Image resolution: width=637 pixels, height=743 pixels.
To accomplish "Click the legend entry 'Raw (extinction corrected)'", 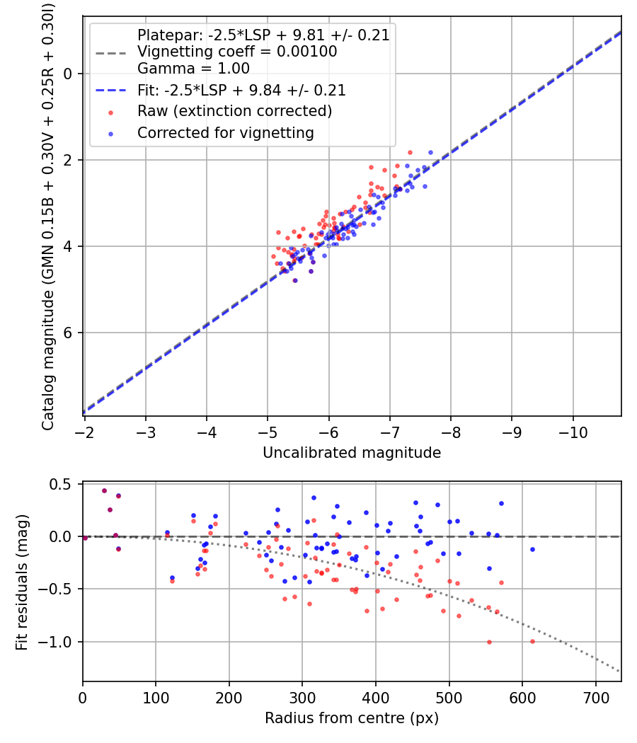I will (234, 111).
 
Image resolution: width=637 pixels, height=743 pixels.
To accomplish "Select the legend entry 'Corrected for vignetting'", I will (225, 132).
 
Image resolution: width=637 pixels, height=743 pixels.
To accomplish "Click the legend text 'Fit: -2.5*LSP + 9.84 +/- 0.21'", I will (241, 91).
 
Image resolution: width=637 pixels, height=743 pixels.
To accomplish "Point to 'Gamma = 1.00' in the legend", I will (193, 69).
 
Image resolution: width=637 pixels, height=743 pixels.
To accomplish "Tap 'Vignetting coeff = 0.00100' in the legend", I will (237, 52).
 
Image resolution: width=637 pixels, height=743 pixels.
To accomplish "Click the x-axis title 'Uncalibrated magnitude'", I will (352, 453).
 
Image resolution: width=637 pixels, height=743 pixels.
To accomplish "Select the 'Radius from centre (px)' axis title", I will (352, 718).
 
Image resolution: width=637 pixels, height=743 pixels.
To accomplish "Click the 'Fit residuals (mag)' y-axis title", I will (22, 582).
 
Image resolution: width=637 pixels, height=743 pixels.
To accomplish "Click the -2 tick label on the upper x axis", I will (85, 431).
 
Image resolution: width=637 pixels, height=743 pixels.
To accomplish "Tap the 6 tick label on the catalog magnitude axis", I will (69, 333).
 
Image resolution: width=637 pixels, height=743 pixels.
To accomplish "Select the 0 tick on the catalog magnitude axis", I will (69, 74).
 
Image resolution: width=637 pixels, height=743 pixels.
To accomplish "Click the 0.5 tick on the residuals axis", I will (64, 484).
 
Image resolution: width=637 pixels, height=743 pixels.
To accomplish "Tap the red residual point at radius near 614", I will (532, 641).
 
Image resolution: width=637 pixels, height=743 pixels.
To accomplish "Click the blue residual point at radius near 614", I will (532, 549).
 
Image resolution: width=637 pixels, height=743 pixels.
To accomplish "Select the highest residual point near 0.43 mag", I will (104, 490).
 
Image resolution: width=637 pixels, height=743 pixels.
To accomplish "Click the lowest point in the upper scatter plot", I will (294, 280).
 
